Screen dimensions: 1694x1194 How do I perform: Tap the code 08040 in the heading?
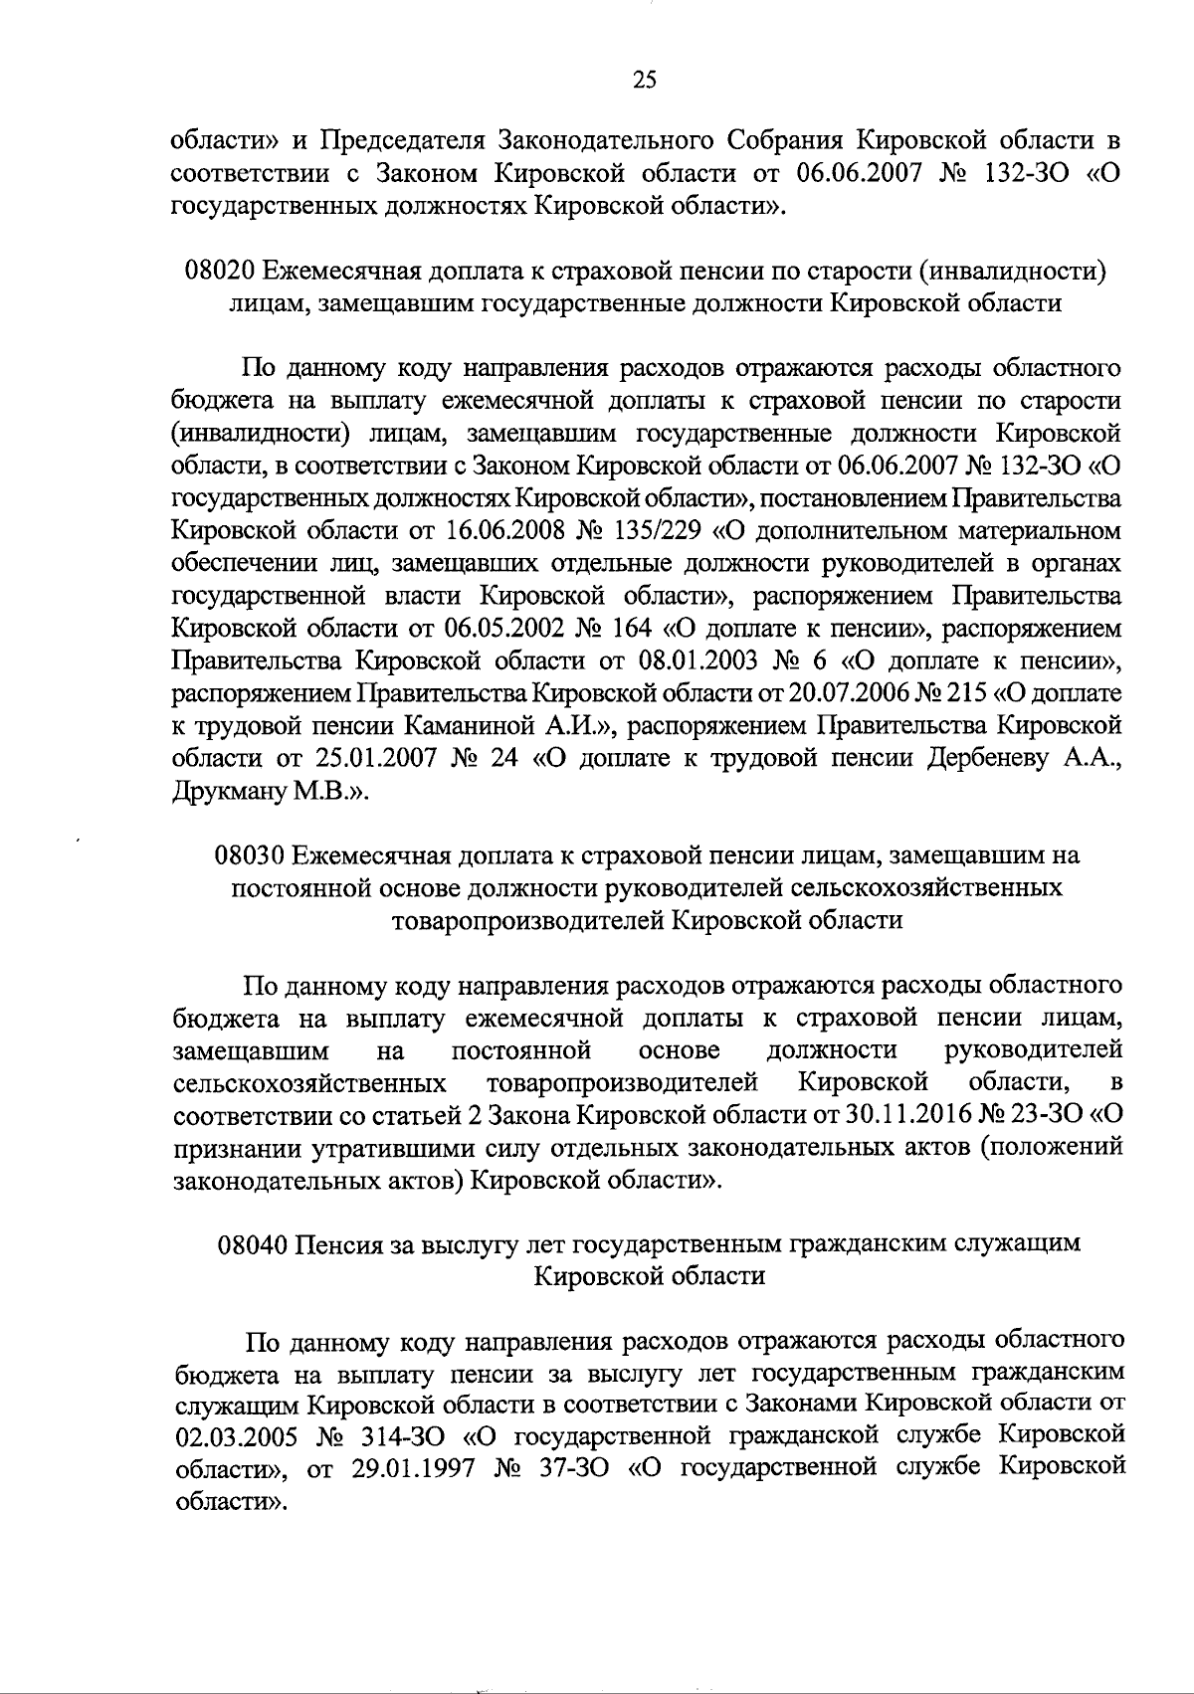click(x=256, y=1243)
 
